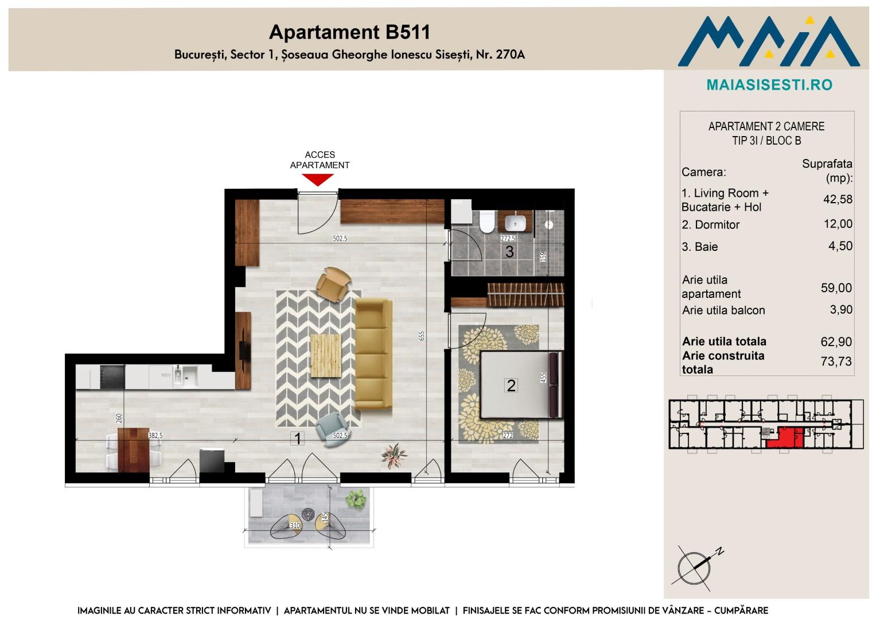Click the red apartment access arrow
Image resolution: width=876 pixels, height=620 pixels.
coord(318,180)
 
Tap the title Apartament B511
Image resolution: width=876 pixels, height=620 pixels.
coord(349,32)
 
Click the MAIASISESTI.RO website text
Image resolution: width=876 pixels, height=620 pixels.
coord(769,85)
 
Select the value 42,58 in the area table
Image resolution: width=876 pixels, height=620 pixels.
coord(838,199)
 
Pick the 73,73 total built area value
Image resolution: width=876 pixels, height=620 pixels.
coord(836,361)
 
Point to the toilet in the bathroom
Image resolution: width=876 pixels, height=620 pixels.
coord(487,222)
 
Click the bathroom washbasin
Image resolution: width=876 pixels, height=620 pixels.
coord(515,222)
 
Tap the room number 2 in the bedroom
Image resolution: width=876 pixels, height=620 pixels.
coord(511,386)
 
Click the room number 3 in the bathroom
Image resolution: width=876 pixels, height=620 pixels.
coord(509,251)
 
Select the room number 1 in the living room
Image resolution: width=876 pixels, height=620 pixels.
coord(298,439)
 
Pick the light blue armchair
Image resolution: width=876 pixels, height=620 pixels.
coord(332,429)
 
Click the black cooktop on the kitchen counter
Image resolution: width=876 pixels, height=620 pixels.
coord(112,377)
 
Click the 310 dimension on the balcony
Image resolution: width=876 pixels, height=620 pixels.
coord(295,526)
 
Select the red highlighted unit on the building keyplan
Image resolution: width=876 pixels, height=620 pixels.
coord(784,437)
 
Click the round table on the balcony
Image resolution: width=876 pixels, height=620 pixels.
coord(308,514)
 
